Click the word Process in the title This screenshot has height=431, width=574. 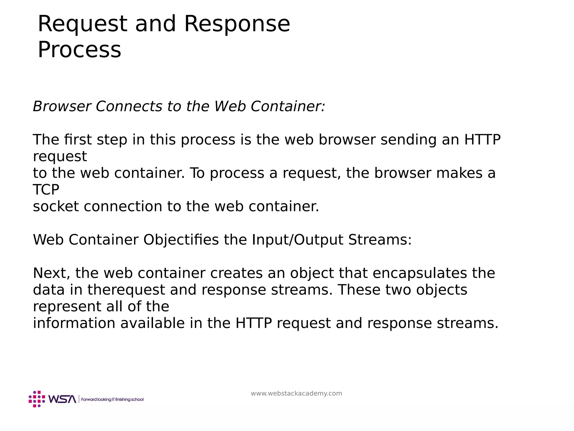[x=79, y=50]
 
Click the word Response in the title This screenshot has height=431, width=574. [x=237, y=24]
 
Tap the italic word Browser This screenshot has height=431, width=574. [x=62, y=107]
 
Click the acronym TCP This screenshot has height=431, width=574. [x=46, y=190]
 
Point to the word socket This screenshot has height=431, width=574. [x=56, y=207]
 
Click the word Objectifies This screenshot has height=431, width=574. [x=181, y=240]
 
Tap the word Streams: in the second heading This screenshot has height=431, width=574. [x=380, y=240]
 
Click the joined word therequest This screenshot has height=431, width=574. [x=126, y=290]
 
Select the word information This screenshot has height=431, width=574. [x=74, y=323]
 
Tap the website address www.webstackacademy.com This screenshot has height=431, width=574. [x=296, y=393]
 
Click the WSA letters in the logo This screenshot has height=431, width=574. [x=62, y=399]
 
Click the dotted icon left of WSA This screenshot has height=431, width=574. [x=37, y=399]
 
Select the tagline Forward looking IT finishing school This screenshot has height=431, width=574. [x=112, y=399]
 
